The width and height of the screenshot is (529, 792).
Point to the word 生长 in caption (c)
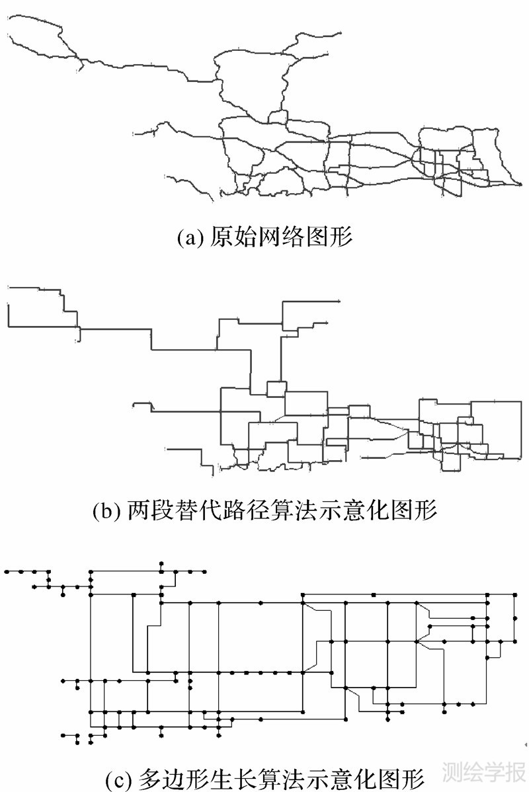point(219,775)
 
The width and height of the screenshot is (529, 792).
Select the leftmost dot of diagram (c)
point(7,571)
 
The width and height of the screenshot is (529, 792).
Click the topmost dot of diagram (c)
point(161,563)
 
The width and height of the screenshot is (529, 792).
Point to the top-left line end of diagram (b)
point(7,287)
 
